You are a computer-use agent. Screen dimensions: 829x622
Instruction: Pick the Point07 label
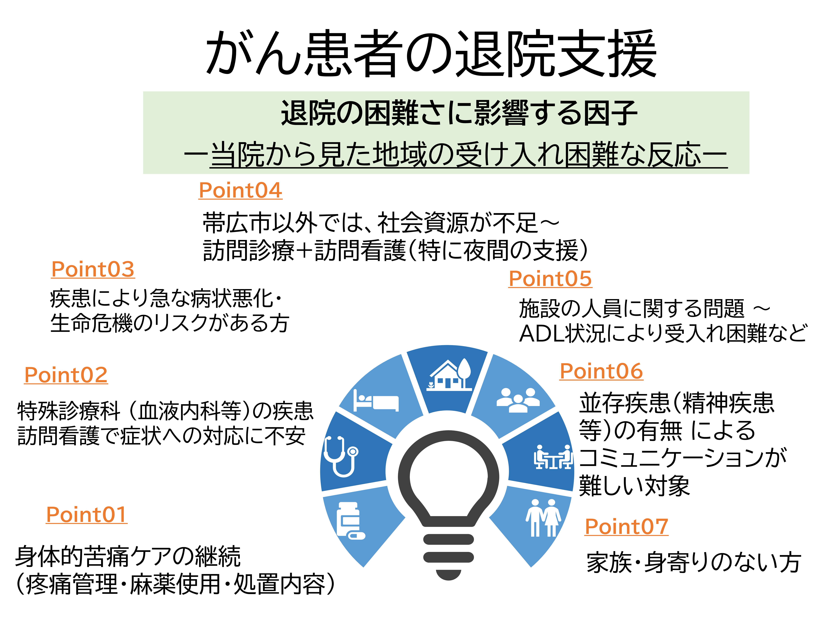click(627, 526)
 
